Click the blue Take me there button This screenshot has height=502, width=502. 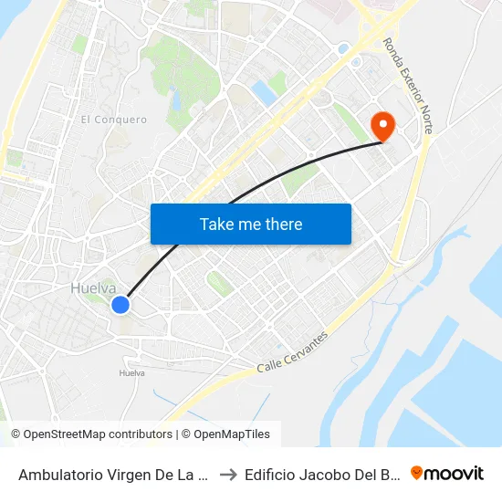point(251,224)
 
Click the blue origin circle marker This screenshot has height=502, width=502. point(120,305)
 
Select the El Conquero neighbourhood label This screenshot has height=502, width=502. point(113,120)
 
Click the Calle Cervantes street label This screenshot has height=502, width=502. point(292,351)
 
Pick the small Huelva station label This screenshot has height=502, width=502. point(132,372)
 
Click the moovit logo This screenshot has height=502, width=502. point(447,473)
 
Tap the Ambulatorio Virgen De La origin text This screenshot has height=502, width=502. point(112,474)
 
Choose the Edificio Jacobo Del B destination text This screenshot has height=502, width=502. point(321,474)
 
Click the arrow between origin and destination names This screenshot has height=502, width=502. point(228,474)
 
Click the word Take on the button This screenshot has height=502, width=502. point(215,224)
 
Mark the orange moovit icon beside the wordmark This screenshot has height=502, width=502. point(417,473)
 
